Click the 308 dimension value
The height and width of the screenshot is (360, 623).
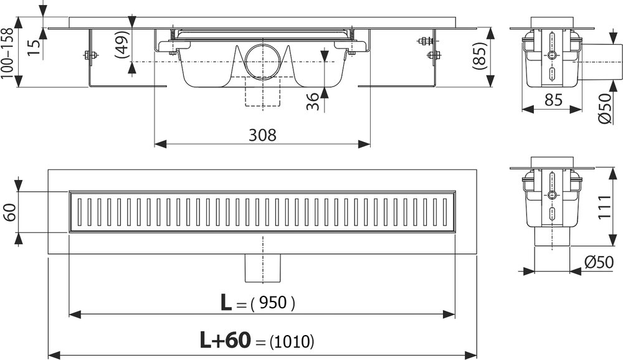tap(262, 135)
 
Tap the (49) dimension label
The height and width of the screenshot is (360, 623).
tap(123, 44)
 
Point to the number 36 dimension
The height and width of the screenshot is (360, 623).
tap(313, 102)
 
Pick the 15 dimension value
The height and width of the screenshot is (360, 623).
tap(35, 47)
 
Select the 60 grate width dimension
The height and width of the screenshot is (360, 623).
tap(9, 212)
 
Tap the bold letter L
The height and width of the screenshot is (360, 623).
tap(226, 303)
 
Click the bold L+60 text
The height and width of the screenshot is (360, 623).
tap(226, 340)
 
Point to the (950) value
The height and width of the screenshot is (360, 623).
tap(273, 303)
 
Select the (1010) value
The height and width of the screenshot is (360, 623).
tap(292, 341)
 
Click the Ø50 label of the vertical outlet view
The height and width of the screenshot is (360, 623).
tap(599, 262)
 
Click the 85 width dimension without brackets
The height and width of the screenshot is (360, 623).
tap(553, 100)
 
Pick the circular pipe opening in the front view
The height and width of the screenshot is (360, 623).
tap(263, 61)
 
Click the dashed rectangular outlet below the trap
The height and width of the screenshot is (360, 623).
tap(263, 92)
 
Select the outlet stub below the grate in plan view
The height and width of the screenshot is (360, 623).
tap(263, 268)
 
